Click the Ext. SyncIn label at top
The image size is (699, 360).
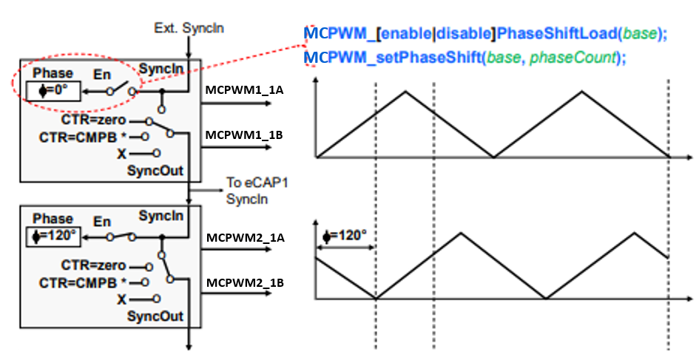189,29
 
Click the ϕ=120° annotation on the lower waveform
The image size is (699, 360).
346,236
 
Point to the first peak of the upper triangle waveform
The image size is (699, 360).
405,91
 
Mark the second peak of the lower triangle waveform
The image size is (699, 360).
634,232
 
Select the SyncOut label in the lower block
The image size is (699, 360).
155,316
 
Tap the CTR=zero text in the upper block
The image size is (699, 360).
94,120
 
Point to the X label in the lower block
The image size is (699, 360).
121,299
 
